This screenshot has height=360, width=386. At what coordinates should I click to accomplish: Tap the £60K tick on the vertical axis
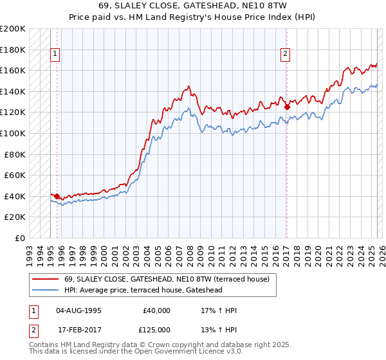coord(15,175)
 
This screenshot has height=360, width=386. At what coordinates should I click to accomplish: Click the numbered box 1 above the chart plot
coord(56,55)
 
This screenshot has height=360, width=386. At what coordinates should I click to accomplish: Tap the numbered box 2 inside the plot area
coord(284,55)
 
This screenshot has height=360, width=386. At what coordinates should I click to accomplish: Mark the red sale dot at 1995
coord(57,196)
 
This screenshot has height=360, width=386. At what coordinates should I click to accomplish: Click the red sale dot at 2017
coord(286,107)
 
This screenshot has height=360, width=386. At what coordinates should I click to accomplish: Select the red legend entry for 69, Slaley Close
coord(170,279)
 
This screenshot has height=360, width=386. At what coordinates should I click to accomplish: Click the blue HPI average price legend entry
coord(152,289)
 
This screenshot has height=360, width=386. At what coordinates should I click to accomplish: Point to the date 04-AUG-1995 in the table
coord(78,310)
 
